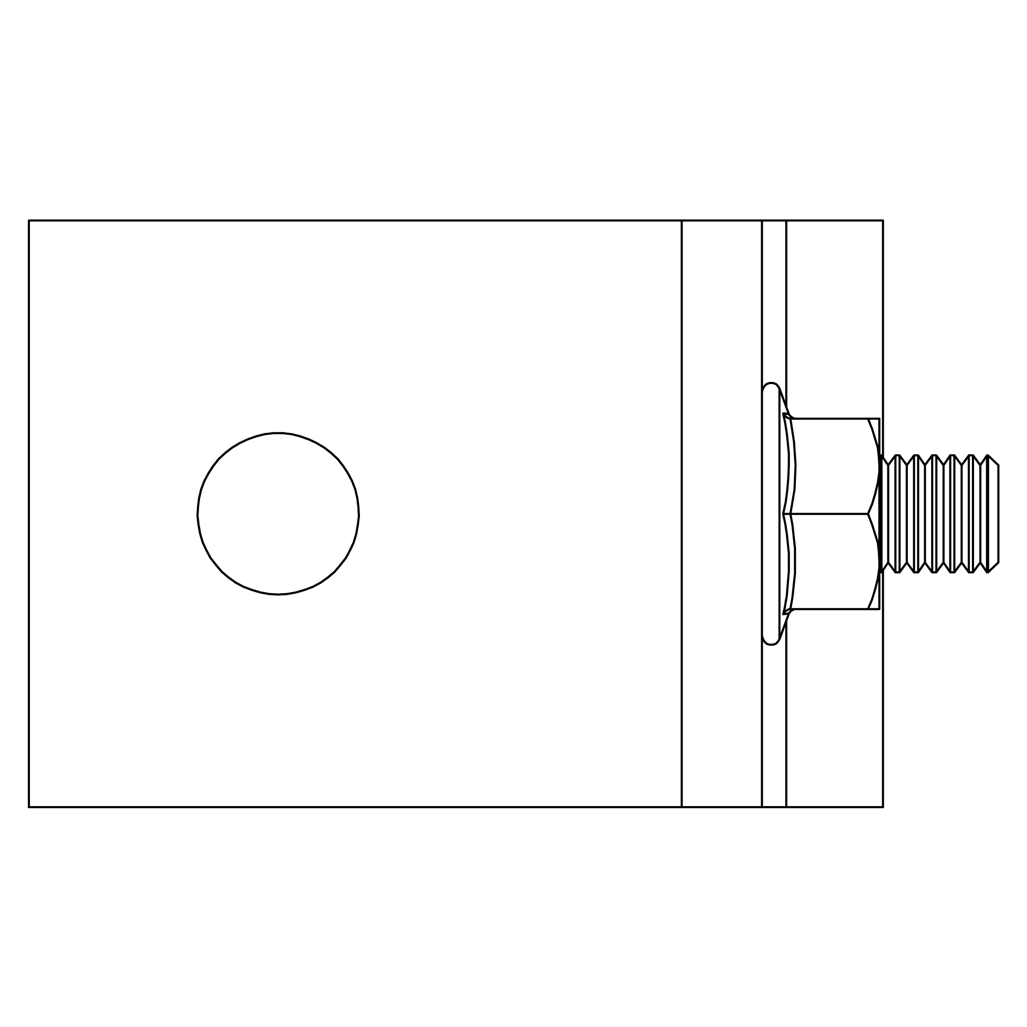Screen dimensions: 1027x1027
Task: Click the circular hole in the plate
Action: click(x=278, y=513)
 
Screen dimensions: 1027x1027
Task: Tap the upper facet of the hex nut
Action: click(x=832, y=466)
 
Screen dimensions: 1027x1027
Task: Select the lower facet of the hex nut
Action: click(x=832, y=562)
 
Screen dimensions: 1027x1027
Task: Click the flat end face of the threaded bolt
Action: click(x=998, y=513)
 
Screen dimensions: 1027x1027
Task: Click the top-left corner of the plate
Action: click(x=29, y=220)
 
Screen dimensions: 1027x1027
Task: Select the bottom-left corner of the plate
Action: click(x=29, y=807)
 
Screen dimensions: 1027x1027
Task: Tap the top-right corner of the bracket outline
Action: click(x=883, y=220)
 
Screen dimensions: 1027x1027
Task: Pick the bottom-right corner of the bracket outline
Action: click(x=883, y=807)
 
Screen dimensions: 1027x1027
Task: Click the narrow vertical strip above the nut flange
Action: click(x=774, y=300)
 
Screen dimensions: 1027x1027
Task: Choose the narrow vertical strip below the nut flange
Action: click(x=774, y=727)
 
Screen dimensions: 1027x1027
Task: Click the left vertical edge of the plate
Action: click(x=29, y=513)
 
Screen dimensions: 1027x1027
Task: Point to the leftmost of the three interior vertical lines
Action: click(x=681, y=513)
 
